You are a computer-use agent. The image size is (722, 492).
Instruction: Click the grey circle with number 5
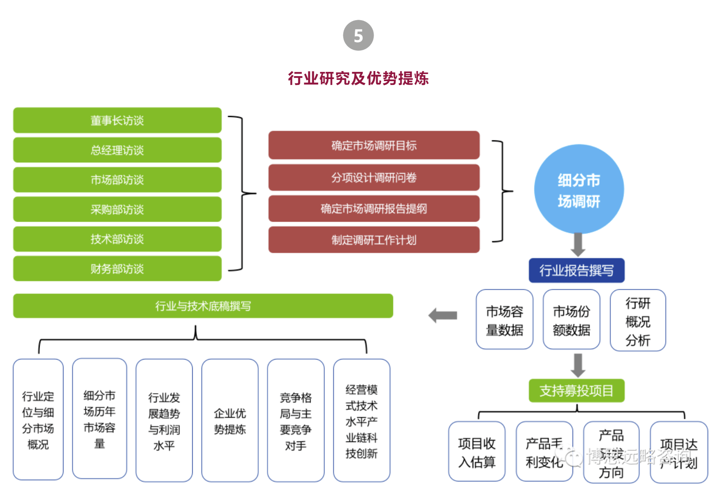pos(358,35)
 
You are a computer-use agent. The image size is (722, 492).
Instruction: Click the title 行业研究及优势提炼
pos(358,78)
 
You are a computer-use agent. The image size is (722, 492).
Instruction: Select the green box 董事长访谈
pos(117,120)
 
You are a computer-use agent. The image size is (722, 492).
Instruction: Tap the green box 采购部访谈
pos(117,209)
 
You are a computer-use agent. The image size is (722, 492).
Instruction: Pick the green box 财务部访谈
pos(117,269)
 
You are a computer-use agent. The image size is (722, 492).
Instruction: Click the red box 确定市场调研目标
pos(374,145)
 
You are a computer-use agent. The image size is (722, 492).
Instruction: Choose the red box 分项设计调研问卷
pos(374,177)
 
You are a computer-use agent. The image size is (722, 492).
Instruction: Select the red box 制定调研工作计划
pos(374,240)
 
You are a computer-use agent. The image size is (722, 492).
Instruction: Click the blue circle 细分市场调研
pos(579,189)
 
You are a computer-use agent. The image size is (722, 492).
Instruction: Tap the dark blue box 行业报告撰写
pos(576,270)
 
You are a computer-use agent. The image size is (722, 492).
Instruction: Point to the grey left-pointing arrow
pos(443,315)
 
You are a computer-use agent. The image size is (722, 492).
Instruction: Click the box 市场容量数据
pos(504,320)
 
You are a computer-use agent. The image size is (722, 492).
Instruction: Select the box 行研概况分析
pos(638,320)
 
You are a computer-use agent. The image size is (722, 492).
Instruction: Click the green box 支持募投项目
pos(576,391)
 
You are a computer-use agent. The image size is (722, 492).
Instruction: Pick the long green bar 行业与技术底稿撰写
pos(203,306)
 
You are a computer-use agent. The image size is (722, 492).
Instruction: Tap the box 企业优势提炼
pos(230,420)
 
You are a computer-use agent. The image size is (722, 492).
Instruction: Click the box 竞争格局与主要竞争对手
pos(295,420)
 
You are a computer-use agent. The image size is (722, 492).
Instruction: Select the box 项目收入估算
pos(477,452)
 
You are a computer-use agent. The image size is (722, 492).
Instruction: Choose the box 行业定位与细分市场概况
pos(38,419)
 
